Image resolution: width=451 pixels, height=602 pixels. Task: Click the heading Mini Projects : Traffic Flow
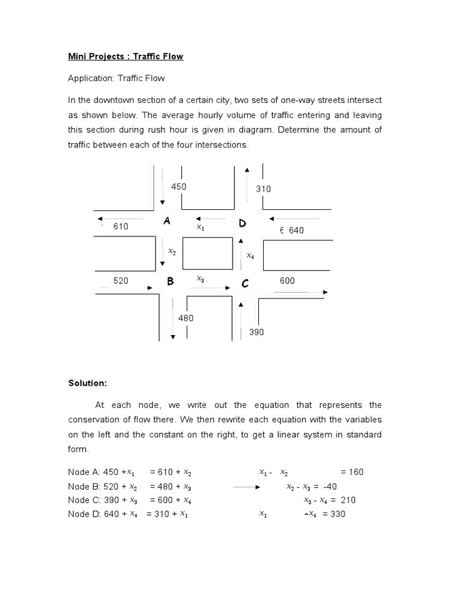(126, 56)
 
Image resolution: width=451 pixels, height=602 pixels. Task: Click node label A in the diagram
(167, 222)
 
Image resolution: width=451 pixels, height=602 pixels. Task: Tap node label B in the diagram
(170, 282)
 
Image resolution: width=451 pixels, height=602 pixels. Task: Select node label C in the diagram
(245, 284)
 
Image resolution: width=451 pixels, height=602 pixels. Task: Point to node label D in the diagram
(242, 223)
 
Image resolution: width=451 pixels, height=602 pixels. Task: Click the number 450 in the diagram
(179, 186)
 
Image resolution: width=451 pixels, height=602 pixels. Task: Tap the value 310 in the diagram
(263, 189)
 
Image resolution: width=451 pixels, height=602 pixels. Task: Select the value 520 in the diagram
(121, 281)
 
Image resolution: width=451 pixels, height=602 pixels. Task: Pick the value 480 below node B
(186, 318)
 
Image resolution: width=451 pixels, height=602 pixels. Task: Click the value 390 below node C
(257, 332)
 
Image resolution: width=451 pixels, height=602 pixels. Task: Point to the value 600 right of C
(287, 281)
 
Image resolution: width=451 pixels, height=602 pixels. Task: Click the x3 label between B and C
(200, 279)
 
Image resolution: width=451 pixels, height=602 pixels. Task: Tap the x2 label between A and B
(171, 251)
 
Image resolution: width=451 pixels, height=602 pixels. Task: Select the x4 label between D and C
(250, 256)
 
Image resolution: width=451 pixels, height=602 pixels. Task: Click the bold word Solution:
(87, 383)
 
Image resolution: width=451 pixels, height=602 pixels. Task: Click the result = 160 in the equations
(352, 472)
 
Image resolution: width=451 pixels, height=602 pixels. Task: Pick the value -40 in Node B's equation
(328, 486)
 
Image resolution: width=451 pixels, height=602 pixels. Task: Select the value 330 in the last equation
(338, 514)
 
